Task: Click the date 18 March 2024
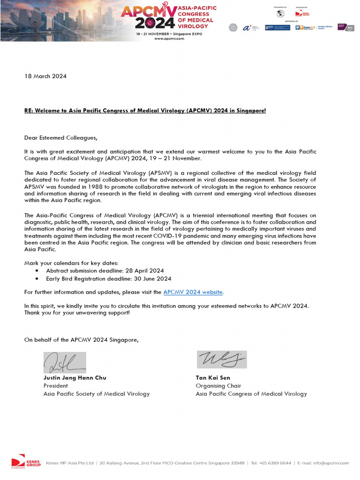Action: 45,76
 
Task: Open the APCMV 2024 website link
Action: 193,292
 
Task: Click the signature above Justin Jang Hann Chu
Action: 65,362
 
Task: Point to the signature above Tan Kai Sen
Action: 221,360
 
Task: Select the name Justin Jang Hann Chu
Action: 75,378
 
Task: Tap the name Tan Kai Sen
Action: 213,378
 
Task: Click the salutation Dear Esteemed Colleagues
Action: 61,138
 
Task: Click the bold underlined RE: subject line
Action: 145,111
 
